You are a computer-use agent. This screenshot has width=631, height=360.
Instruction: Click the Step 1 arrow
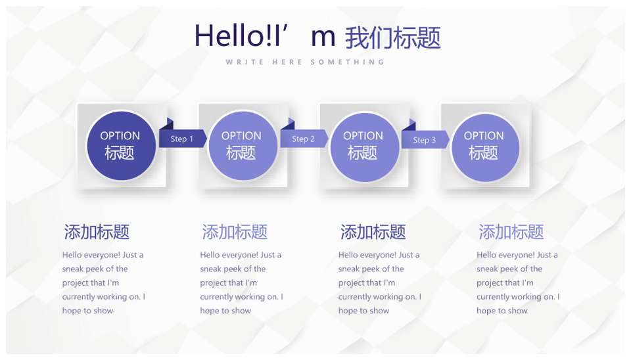coord(183,139)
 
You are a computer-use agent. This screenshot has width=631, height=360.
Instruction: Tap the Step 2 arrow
coord(304,139)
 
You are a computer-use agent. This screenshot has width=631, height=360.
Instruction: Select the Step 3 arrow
coord(425,139)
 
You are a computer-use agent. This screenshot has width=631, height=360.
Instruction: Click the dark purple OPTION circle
coord(121,146)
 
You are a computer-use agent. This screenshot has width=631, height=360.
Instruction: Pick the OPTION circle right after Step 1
coord(243,146)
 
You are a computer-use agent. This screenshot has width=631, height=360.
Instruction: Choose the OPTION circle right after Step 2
coord(364,146)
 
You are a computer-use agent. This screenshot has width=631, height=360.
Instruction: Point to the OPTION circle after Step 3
coord(485,147)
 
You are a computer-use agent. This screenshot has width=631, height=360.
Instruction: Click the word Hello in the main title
coord(229,35)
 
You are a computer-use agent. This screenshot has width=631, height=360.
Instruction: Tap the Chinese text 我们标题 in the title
coord(393,38)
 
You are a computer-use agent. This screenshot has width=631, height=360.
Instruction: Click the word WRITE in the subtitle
coord(245,62)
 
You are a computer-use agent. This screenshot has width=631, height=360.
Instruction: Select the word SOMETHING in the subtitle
coord(348,62)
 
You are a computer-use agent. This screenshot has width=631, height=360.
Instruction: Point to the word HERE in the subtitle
coord(287,62)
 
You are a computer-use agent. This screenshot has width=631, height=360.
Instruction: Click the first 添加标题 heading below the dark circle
coord(97,232)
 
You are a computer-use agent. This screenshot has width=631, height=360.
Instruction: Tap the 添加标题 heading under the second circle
coord(235,232)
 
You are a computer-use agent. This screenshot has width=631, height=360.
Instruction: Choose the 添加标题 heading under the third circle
coord(373,232)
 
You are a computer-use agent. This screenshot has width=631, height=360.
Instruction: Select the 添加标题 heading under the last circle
coord(511,232)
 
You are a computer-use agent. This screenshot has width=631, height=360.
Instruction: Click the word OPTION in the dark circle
coord(120,136)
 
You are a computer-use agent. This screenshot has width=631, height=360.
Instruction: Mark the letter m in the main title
coord(323,37)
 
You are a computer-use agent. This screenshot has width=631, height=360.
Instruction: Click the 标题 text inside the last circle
coord(483,153)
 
